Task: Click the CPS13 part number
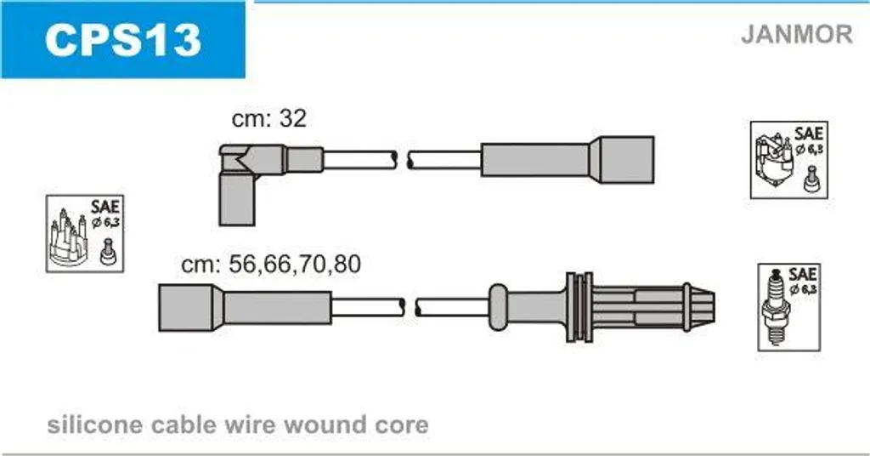coord(122,40)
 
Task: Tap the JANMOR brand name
coord(797,34)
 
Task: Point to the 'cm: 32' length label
coord(269,117)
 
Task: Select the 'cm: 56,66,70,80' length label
coord(271,264)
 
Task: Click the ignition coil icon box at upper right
coord(788,160)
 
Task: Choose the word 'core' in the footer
coord(402,426)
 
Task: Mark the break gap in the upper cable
coord(403,160)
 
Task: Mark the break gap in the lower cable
coord(410,307)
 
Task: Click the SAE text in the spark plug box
coord(802,275)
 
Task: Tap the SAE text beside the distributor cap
coord(105,208)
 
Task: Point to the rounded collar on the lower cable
coord(498,306)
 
